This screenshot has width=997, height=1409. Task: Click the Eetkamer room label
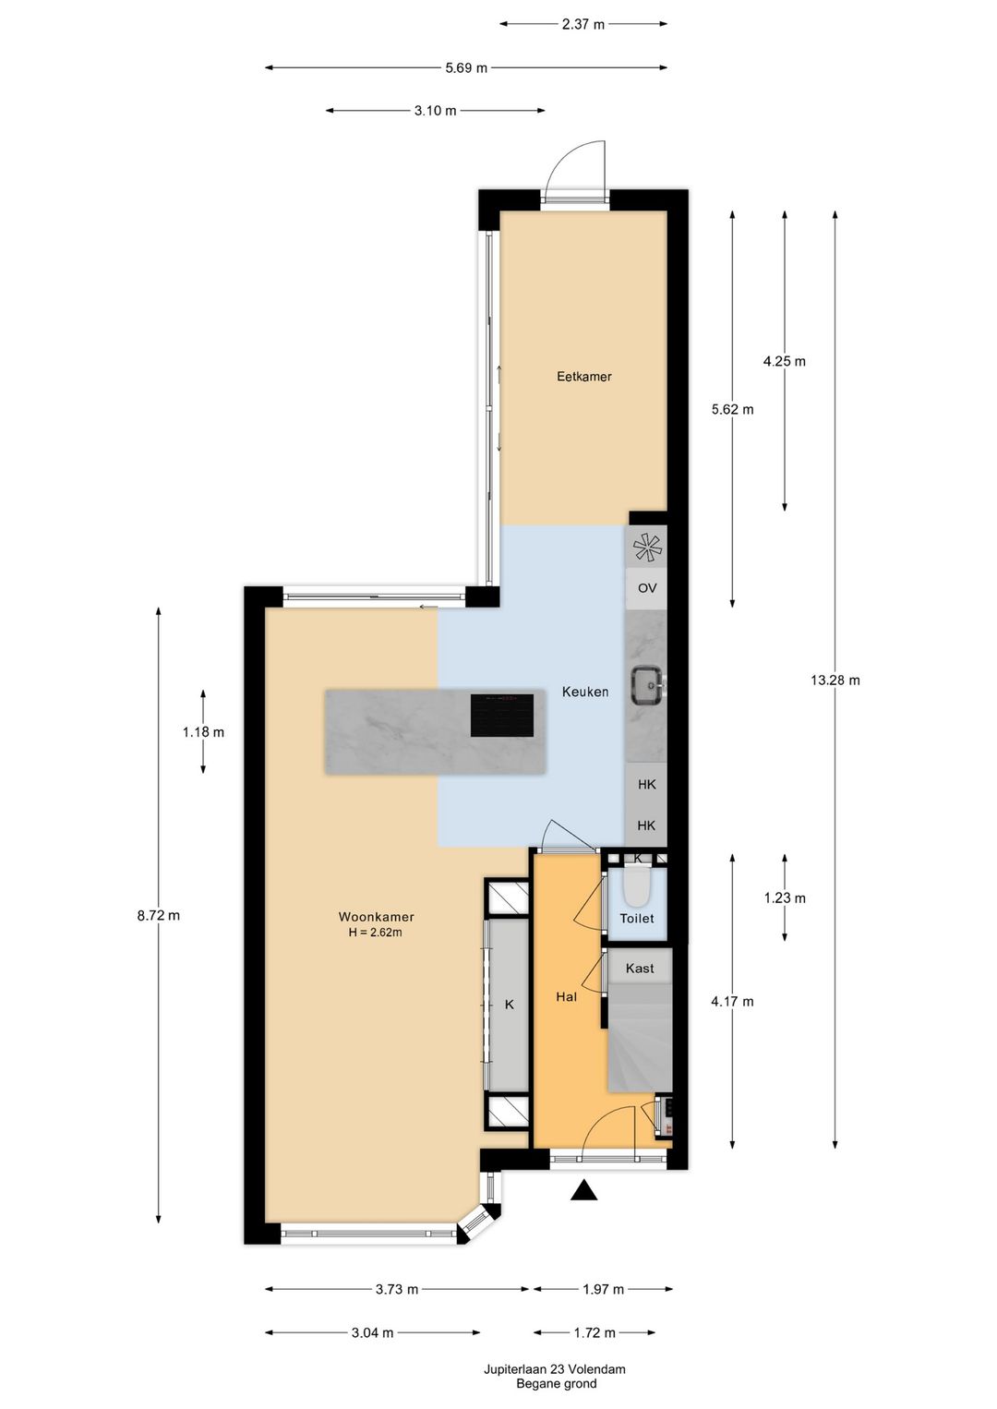(x=583, y=377)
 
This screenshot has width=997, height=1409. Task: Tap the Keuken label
(x=585, y=692)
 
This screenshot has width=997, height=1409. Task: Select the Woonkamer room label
(x=376, y=917)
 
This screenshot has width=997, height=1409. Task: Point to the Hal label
(x=566, y=997)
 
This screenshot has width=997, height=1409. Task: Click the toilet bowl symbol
(x=637, y=888)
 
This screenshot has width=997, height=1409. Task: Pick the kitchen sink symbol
(x=646, y=685)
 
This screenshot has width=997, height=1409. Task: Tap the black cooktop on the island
(x=502, y=716)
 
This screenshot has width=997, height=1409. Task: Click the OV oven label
(x=647, y=588)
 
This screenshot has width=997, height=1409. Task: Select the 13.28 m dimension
(x=835, y=680)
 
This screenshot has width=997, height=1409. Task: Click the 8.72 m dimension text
(x=159, y=916)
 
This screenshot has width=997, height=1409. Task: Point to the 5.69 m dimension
(x=466, y=67)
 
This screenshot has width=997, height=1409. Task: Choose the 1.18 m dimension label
(x=203, y=732)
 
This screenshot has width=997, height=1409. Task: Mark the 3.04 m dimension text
(x=372, y=1332)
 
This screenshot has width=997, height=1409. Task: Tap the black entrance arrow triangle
(x=583, y=1191)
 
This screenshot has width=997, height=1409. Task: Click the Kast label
(x=640, y=969)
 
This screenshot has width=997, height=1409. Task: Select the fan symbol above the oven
(x=647, y=548)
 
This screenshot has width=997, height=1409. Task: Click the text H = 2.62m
(x=375, y=933)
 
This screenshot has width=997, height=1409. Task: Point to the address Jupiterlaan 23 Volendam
(x=555, y=1369)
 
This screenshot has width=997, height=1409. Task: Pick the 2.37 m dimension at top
(x=583, y=24)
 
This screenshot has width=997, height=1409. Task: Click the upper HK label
(x=646, y=784)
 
